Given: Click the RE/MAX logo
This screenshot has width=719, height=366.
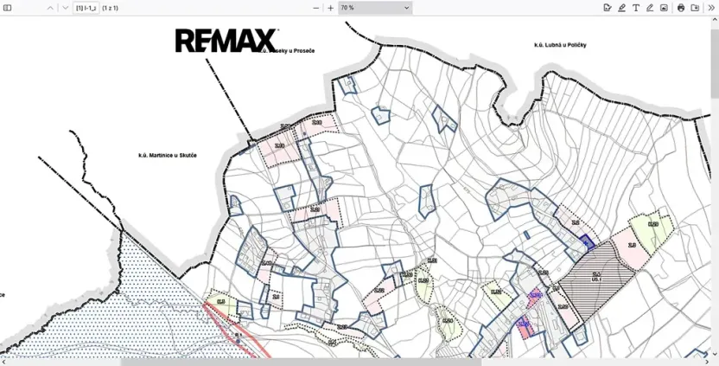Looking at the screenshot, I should [x=226, y=40].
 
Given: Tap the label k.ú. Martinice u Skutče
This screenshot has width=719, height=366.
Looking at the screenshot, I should [x=168, y=156].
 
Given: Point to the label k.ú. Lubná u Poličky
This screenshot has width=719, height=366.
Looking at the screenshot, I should [x=560, y=45].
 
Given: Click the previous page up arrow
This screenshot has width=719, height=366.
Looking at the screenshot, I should [x=50, y=8].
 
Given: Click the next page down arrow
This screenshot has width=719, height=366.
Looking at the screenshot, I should [x=65, y=8].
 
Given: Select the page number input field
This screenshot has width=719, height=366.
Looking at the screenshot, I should [x=85, y=8].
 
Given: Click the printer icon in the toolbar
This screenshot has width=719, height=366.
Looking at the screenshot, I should [x=681, y=8].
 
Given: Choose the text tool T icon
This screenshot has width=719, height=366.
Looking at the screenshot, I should [x=636, y=8].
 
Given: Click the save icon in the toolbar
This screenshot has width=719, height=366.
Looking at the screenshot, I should [x=695, y=8].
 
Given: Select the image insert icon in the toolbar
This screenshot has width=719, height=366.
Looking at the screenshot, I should [x=664, y=8].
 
